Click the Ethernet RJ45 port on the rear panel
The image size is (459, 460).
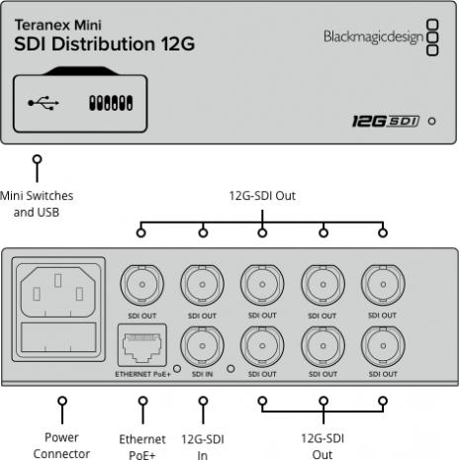[141, 347]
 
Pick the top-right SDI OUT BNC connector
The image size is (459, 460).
[382, 288]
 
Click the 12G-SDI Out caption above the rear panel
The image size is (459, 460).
[262, 196]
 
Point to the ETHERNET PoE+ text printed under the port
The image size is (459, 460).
[141, 376]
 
